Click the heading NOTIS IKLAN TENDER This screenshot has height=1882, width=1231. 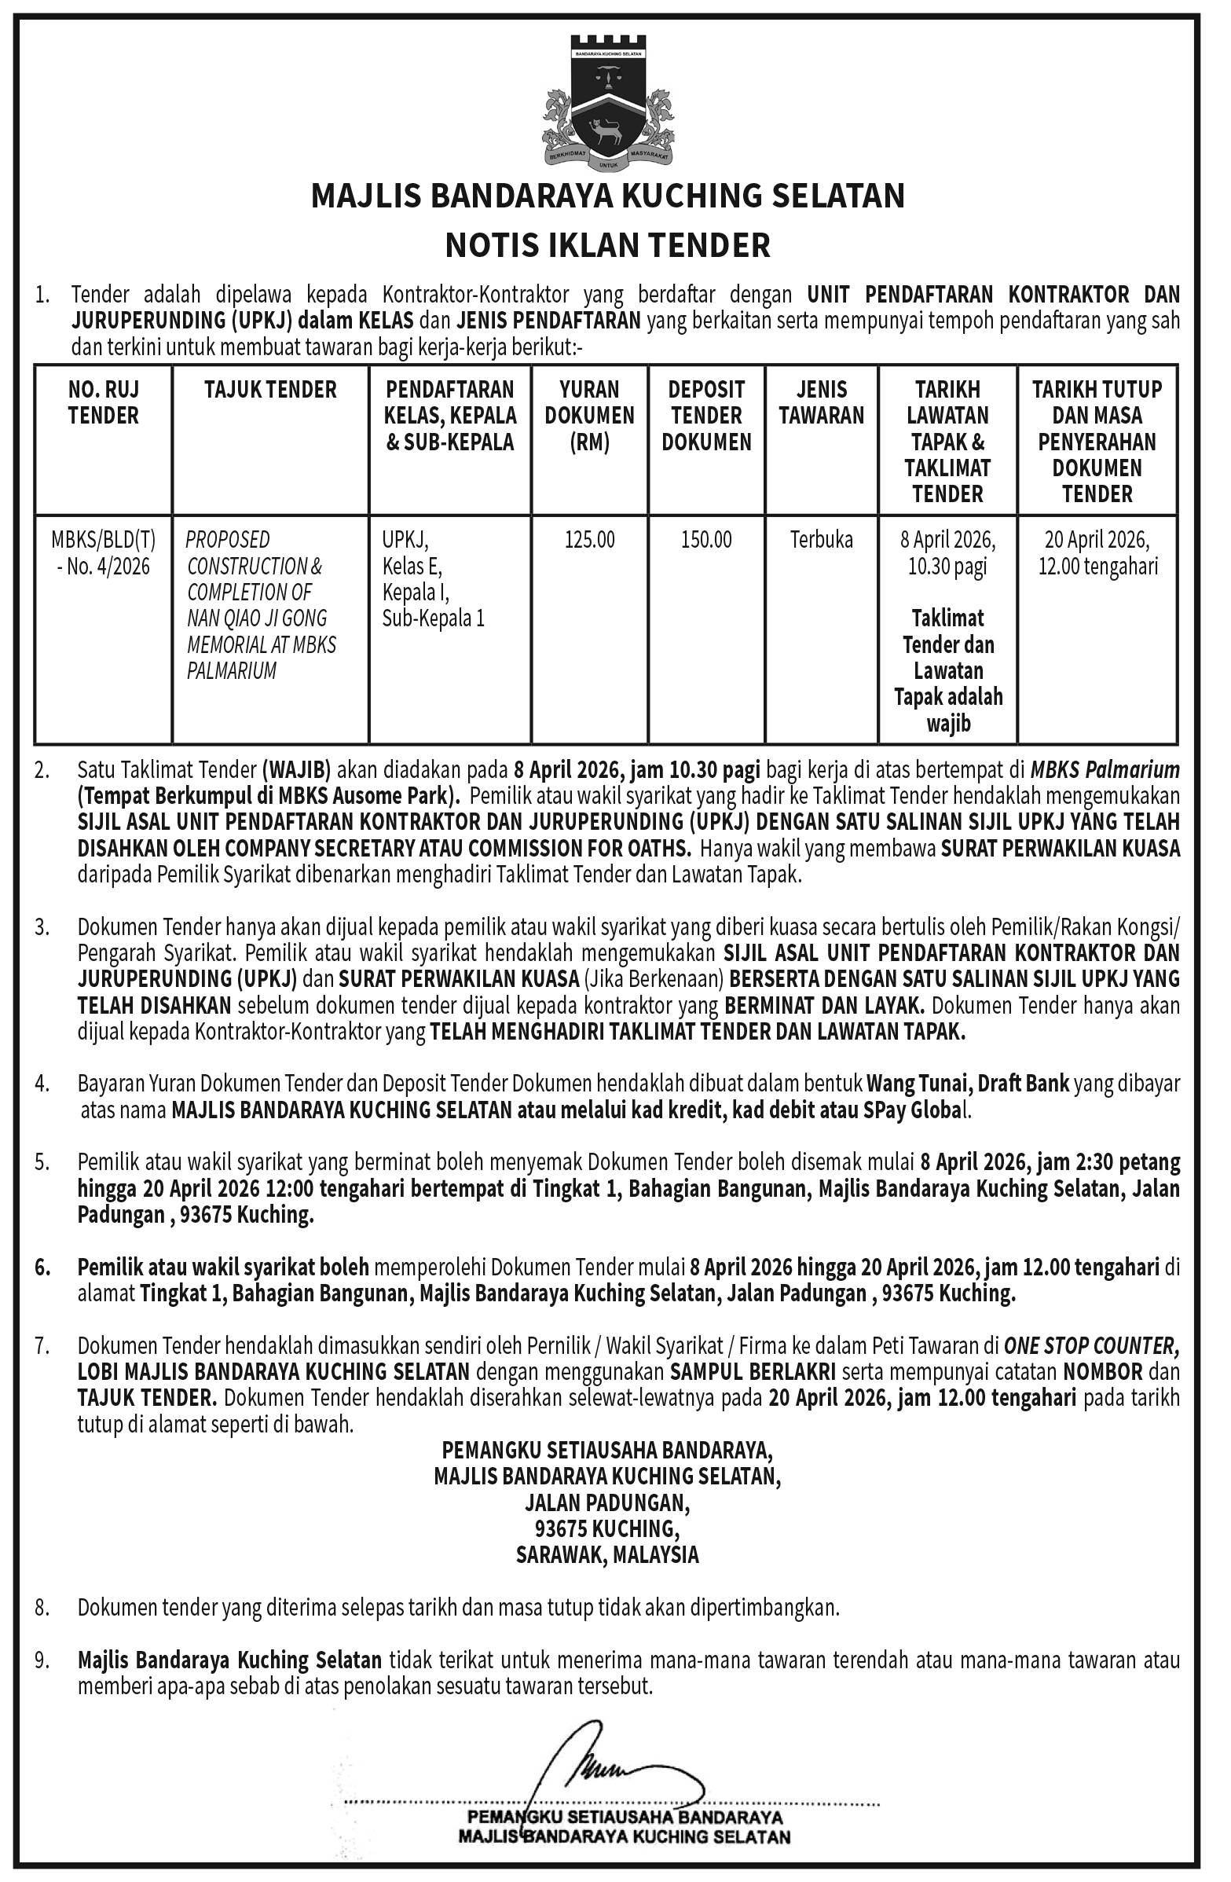[x=607, y=246]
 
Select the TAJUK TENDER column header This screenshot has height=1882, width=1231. [x=270, y=390]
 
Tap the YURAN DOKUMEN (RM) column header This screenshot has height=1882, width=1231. [x=589, y=415]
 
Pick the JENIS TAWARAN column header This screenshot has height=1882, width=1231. [x=822, y=402]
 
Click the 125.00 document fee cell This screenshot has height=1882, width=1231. [x=589, y=540]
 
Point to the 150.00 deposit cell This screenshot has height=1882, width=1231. [x=706, y=540]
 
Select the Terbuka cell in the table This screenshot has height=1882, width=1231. [x=822, y=540]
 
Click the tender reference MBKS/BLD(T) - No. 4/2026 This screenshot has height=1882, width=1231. [x=104, y=552]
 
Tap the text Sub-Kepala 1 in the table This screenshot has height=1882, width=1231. [x=434, y=618]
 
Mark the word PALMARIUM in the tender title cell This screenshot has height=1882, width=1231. [x=232, y=670]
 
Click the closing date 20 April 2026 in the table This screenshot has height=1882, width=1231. [x=1097, y=540]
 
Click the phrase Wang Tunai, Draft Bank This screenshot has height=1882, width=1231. [x=968, y=1084]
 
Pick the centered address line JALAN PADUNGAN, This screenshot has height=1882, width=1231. [x=607, y=1502]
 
